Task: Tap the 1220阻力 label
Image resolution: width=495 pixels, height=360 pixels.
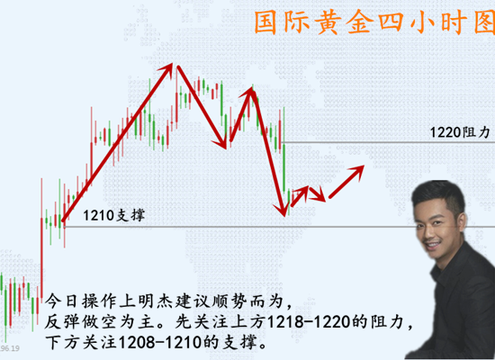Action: click(x=459, y=131)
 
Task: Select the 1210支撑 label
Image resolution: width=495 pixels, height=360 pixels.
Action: click(x=113, y=216)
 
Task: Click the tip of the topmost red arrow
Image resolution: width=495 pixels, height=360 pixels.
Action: click(x=174, y=65)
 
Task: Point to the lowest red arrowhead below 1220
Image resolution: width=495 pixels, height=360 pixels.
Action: click(x=284, y=213)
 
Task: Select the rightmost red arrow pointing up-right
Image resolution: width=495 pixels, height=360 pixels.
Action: click(x=346, y=181)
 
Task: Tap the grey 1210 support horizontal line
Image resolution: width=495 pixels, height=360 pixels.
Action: click(x=270, y=227)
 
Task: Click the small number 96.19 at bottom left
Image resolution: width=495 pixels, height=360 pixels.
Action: click(x=10, y=347)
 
